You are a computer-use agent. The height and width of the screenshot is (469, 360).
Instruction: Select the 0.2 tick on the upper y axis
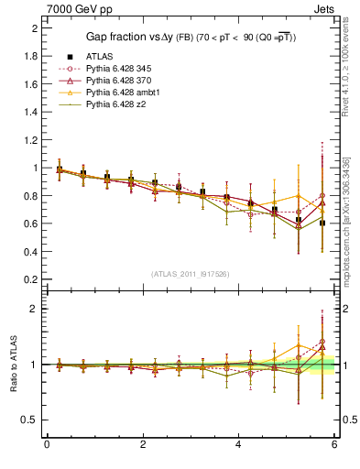(x=31, y=279)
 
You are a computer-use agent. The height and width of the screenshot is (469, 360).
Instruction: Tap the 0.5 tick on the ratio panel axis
(x=31, y=420)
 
